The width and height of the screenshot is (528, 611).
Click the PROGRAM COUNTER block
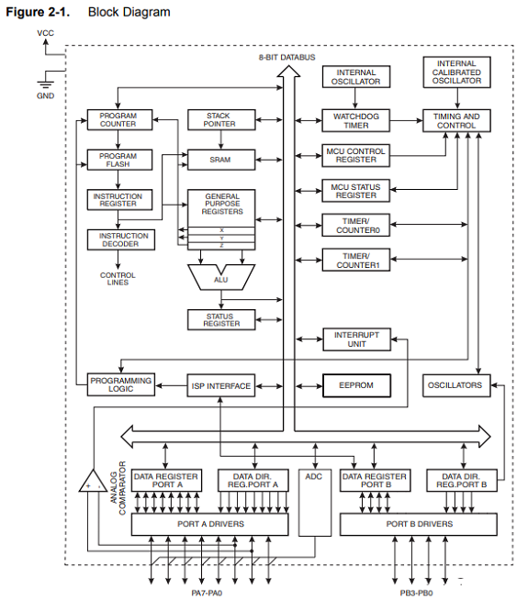tap(119, 119)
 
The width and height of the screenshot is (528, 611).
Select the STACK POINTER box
tap(221, 119)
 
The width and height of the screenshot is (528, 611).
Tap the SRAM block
tap(221, 160)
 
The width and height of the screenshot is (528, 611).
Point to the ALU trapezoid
tap(221, 277)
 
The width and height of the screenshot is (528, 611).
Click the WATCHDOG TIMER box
tap(355, 121)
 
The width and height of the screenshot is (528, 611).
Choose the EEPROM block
tap(356, 385)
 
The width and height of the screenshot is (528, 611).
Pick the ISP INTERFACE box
tap(221, 385)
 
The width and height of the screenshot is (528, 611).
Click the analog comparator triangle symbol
tap(93, 481)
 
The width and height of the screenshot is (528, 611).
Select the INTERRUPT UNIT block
tap(357, 339)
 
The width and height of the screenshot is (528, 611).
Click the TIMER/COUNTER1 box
tap(356, 260)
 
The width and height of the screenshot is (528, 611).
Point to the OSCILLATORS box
tap(456, 385)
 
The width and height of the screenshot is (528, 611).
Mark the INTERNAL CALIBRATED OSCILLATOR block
tap(456, 72)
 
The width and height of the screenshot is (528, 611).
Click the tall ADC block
tap(315, 503)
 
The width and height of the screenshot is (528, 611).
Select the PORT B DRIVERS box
tap(419, 525)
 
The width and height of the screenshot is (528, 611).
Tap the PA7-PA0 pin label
tap(207, 593)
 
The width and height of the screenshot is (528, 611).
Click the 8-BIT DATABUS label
tap(287, 57)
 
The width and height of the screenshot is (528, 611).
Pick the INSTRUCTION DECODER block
tap(121, 239)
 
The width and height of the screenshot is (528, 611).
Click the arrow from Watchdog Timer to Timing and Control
tap(407, 121)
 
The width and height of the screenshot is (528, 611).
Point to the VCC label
tap(45, 33)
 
